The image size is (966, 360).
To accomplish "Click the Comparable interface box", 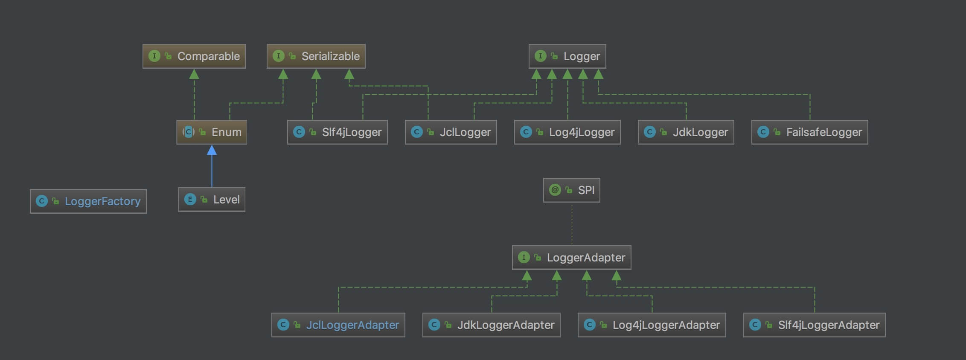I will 194,56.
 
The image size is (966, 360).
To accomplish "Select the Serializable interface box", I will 316,56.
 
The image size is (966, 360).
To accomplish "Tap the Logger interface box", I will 567,56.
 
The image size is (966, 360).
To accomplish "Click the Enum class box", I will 212,132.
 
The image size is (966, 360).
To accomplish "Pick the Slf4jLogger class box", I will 338,132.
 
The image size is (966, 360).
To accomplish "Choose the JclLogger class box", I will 451,132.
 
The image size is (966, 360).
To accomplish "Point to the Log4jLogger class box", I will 567,132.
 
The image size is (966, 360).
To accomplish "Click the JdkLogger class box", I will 686,132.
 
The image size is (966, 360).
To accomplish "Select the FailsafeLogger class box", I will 809,132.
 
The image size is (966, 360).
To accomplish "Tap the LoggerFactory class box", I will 88,201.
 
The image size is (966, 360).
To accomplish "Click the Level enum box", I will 212,200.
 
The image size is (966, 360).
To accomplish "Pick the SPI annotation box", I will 571,190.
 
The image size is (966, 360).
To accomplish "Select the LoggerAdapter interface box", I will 571,258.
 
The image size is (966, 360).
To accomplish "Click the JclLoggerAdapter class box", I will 338,325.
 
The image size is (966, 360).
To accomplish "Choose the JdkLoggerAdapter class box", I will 491,325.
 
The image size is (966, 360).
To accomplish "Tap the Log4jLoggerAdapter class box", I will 652,325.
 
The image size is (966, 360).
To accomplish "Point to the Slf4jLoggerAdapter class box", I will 814,325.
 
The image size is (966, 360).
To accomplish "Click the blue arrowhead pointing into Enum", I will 212,150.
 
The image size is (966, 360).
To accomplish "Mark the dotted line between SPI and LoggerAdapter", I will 572,224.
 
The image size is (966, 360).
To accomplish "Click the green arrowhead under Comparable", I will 194,74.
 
